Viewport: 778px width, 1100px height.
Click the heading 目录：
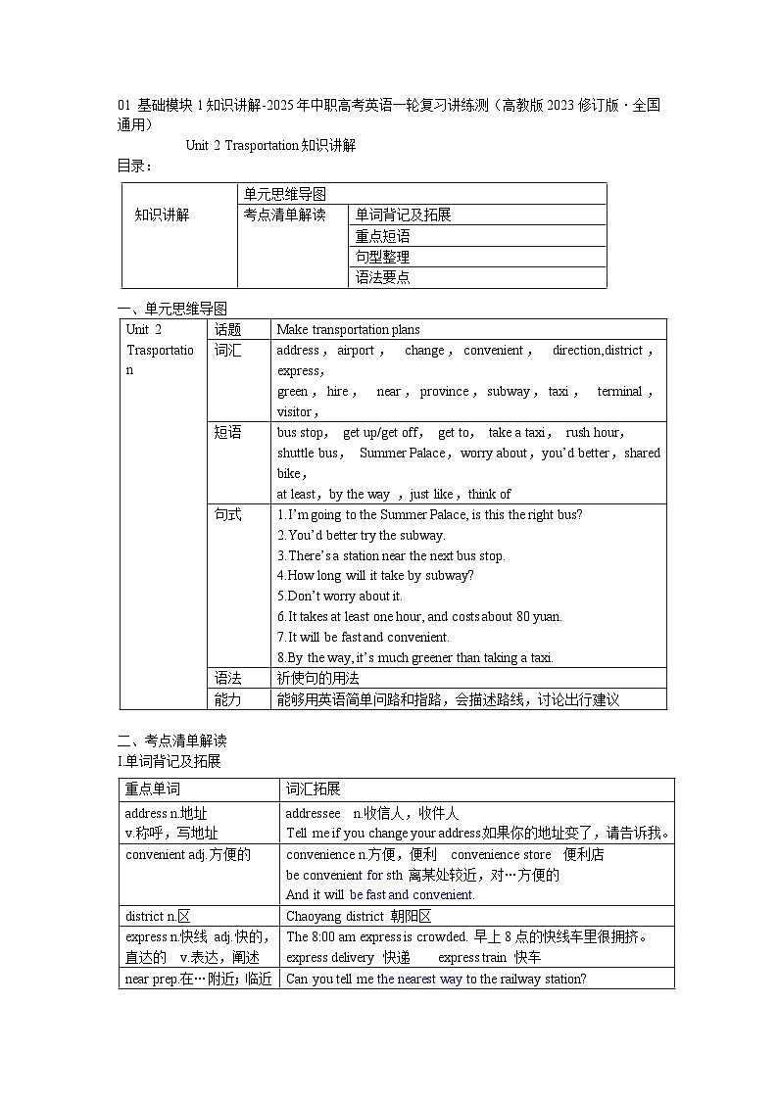point(135,167)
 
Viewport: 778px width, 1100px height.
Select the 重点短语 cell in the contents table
point(383,236)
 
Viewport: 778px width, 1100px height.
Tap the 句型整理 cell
point(383,257)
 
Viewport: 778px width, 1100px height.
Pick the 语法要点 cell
point(383,277)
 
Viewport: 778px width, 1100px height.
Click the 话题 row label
point(228,330)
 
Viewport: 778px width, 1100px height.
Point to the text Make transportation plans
point(348,330)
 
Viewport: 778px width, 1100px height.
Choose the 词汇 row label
point(228,351)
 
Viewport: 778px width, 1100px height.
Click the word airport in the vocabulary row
point(356,351)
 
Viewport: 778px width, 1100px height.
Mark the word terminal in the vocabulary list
point(620,392)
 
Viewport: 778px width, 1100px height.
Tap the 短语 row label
point(228,433)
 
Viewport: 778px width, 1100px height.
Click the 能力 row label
point(228,699)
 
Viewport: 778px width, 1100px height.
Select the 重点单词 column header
point(153,789)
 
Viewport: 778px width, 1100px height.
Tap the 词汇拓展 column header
point(314,789)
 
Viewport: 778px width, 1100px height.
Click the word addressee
point(313,814)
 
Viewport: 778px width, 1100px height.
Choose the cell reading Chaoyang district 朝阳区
point(359,917)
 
